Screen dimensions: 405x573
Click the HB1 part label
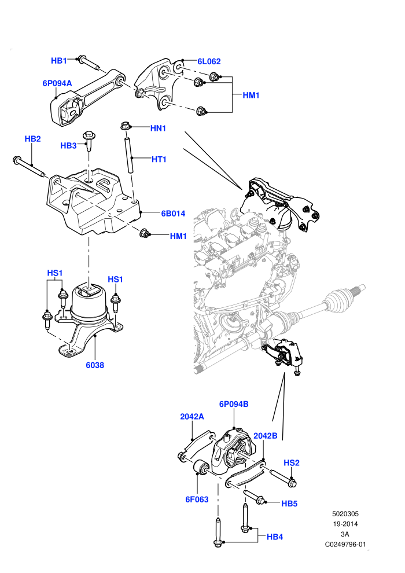point(59,61)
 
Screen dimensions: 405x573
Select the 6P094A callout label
point(57,83)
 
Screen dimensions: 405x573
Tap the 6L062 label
point(209,61)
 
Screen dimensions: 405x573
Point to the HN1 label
point(158,128)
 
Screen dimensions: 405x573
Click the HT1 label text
point(159,159)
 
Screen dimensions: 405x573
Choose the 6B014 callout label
point(173,214)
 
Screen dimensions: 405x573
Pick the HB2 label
point(32,139)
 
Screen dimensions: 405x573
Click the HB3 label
point(68,146)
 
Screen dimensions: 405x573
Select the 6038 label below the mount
point(95,365)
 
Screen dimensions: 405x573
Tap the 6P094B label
point(234,404)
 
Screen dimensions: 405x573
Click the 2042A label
point(192,417)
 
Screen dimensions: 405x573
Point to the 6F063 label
point(197,499)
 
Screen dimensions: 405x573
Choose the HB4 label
point(275,537)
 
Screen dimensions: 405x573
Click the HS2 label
point(292,463)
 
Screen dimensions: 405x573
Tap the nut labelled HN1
point(125,127)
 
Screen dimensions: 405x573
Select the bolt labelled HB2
point(29,167)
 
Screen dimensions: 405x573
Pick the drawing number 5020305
point(345,514)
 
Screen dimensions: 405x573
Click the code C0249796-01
point(345,545)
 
